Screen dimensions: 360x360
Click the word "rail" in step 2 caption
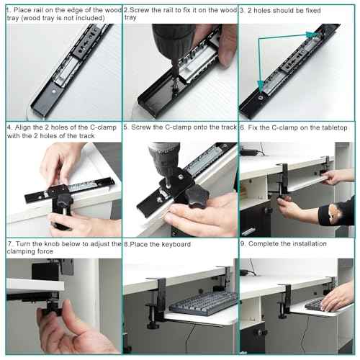(x=171, y=10)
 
